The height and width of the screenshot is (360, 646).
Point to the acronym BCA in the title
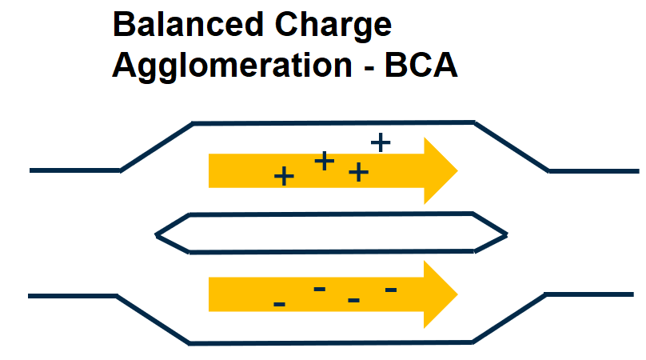(421, 66)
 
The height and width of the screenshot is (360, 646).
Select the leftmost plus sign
(283, 176)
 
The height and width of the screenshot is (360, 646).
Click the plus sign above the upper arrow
(381, 142)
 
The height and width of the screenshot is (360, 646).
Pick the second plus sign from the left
(323, 161)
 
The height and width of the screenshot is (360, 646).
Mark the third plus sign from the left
(358, 171)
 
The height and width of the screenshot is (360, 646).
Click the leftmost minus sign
(279, 304)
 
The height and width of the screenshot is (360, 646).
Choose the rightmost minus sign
(391, 289)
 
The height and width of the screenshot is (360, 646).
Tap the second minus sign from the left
(319, 288)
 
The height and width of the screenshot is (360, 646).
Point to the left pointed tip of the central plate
(158, 234)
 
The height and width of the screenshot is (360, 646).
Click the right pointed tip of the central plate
(505, 234)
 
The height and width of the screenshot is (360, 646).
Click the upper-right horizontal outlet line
(593, 170)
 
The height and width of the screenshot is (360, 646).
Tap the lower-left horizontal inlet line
(73, 296)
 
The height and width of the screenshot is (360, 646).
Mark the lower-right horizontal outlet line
(592, 294)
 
